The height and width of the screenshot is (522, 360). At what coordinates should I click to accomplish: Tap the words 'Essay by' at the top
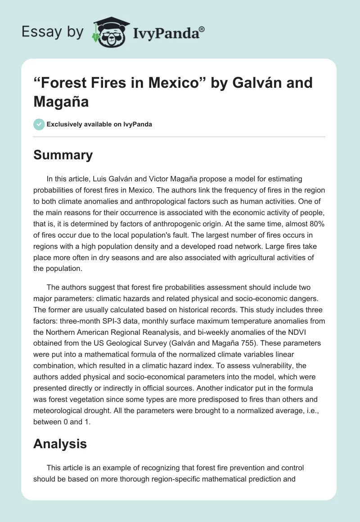pyautogui.click(x=53, y=32)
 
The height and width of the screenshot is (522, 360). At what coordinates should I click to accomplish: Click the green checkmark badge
pyautogui.click(x=39, y=124)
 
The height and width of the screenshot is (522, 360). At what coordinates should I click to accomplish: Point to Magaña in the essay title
pyautogui.click(x=60, y=102)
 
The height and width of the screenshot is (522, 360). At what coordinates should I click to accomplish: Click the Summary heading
pyautogui.click(x=63, y=155)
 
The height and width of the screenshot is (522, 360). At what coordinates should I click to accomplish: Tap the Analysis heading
pyautogui.click(x=60, y=444)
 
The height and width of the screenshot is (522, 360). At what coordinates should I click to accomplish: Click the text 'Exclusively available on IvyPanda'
pyautogui.click(x=99, y=124)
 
